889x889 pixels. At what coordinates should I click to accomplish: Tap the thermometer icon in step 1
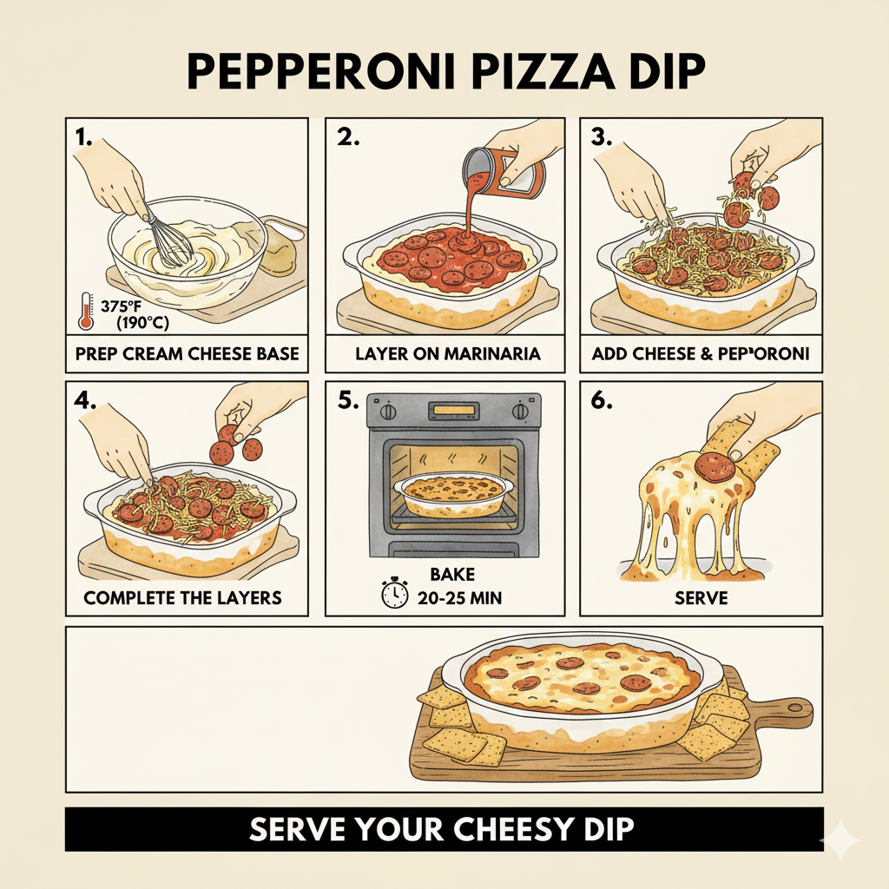coord(86,310)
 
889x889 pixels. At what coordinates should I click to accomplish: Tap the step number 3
coord(601,137)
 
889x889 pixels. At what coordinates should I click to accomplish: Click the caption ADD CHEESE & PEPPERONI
coord(701,353)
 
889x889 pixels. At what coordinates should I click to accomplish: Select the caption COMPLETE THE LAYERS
coord(183,598)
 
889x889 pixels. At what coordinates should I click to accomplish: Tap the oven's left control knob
coord(388,411)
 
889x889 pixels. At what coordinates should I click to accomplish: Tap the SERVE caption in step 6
coord(700,598)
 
